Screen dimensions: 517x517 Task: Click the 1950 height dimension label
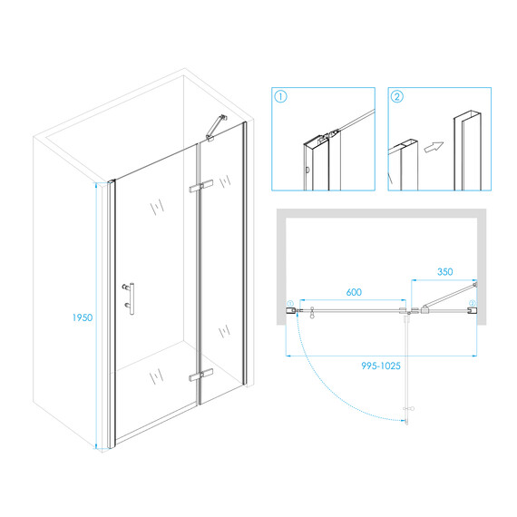83,317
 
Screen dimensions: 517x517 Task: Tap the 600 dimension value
354,292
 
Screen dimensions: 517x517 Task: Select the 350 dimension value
444,272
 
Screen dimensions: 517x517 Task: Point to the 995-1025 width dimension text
381,366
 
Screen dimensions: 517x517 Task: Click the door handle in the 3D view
130,298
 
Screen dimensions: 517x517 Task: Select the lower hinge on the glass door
200,376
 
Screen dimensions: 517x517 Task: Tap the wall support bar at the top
216,128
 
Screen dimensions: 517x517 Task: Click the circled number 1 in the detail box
280,97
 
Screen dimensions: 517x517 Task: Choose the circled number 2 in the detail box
397,97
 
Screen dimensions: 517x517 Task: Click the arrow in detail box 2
434,147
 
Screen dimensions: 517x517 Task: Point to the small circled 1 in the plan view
290,303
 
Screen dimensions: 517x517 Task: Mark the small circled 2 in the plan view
473,303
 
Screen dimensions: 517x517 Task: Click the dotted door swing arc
330,390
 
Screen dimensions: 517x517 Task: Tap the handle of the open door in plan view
409,409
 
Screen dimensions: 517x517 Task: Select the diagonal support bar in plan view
449,296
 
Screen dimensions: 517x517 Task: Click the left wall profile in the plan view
290,310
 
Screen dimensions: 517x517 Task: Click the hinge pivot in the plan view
409,312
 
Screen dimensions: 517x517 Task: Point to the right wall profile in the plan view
473,310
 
